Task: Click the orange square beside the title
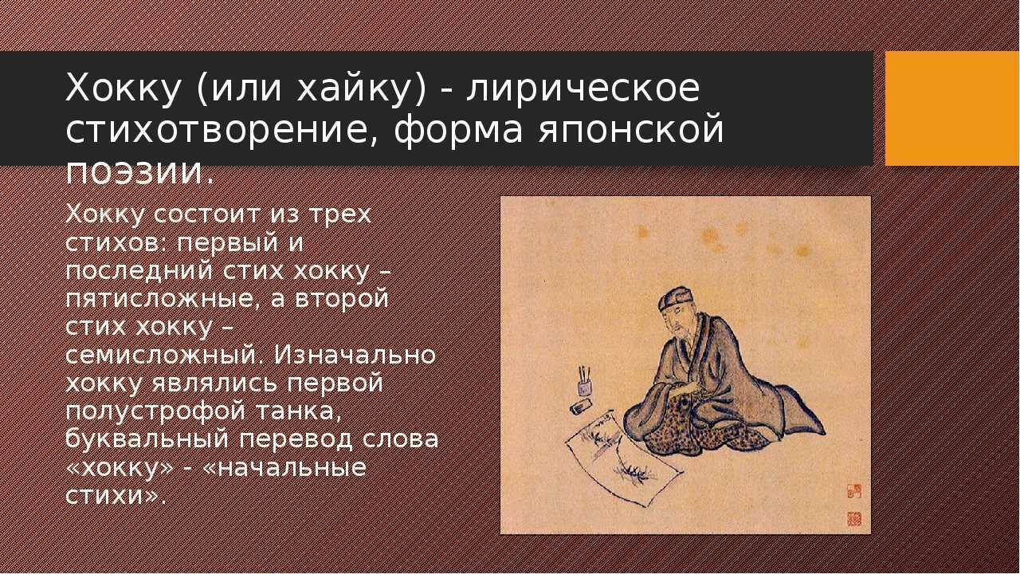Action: point(951,108)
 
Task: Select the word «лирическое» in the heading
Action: point(583,88)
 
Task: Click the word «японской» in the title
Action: point(630,131)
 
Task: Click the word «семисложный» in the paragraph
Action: point(164,356)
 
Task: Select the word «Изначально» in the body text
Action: point(355,355)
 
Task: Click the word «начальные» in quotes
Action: point(290,468)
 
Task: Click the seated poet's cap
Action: point(675,298)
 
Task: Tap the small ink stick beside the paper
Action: point(582,407)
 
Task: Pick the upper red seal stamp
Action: point(854,491)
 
